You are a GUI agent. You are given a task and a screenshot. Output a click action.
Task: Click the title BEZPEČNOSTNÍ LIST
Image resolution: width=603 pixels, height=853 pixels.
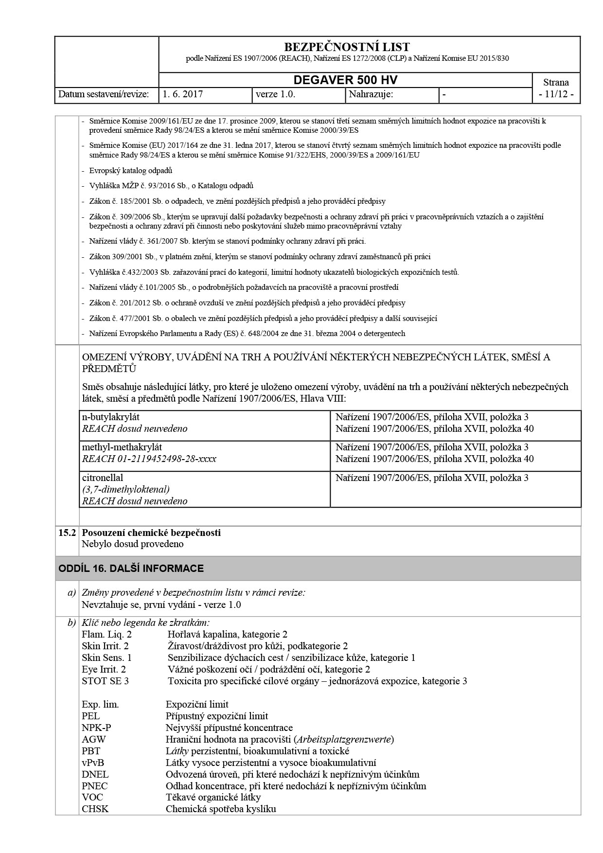(x=346, y=47)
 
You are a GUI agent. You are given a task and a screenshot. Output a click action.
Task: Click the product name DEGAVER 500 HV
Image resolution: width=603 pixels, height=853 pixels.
(x=345, y=80)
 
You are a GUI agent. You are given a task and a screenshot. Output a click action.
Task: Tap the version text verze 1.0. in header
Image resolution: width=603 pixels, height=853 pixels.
(x=275, y=94)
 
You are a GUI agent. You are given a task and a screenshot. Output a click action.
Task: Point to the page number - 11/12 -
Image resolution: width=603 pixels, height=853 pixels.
(x=556, y=94)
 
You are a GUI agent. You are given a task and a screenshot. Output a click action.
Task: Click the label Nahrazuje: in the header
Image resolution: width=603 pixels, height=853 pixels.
(x=371, y=94)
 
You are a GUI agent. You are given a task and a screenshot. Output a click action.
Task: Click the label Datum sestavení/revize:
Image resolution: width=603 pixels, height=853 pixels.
(x=104, y=94)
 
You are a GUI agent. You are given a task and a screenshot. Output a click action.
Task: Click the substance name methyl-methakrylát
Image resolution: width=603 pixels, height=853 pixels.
(x=122, y=447)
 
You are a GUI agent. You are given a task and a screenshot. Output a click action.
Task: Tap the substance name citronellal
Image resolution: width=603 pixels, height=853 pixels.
(x=103, y=478)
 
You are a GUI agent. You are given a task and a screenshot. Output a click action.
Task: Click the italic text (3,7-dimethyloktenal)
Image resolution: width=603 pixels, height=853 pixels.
(x=125, y=489)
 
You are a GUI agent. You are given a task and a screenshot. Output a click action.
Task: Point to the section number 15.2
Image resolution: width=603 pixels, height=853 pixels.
(x=67, y=533)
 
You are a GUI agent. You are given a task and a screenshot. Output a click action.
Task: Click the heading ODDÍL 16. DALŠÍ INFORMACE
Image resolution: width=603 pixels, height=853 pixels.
(x=131, y=569)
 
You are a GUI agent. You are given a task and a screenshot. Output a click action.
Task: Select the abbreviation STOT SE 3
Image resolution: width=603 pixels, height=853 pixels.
(x=105, y=681)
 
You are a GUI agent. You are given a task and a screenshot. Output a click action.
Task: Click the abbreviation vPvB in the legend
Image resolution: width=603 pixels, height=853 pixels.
(x=93, y=763)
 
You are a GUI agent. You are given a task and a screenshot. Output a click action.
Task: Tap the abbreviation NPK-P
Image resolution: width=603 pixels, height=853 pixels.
(x=96, y=728)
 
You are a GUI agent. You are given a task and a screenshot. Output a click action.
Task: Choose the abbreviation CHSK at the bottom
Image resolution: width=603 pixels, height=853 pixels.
(x=95, y=809)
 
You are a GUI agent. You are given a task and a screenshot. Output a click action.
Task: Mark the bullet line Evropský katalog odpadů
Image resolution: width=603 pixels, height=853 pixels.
(x=131, y=171)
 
